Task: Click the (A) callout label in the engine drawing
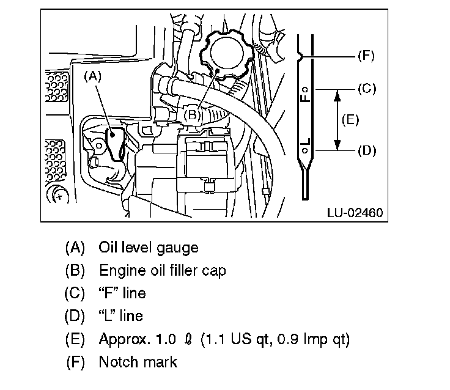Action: pyautogui.click(x=92, y=76)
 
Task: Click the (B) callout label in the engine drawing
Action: pyautogui.click(x=192, y=113)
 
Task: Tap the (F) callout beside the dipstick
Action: pyautogui.click(x=365, y=56)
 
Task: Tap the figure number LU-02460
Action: pyautogui.click(x=355, y=213)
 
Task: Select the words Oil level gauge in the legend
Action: pyautogui.click(x=149, y=248)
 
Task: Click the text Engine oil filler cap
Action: pyautogui.click(x=162, y=270)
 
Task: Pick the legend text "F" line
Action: pyautogui.click(x=122, y=293)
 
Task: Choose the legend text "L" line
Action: pyautogui.click(x=121, y=315)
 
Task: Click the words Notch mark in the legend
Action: pyautogui.click(x=138, y=361)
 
